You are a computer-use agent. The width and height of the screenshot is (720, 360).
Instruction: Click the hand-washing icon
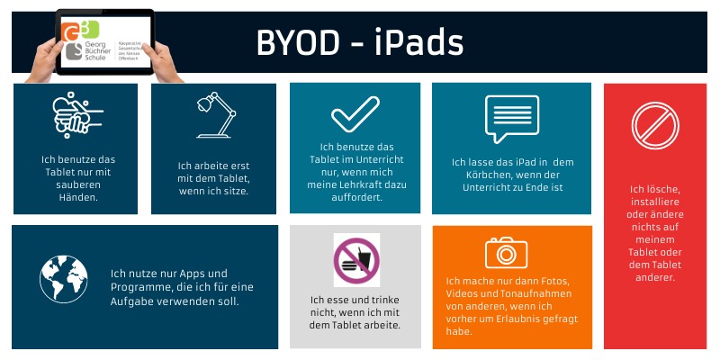point(75,113)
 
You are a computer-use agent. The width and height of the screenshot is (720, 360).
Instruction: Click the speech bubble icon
point(511,114)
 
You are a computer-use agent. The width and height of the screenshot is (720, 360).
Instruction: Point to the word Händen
point(77,196)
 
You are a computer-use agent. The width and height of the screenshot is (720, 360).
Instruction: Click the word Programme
point(139,287)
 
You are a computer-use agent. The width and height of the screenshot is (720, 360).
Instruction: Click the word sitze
point(234,191)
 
